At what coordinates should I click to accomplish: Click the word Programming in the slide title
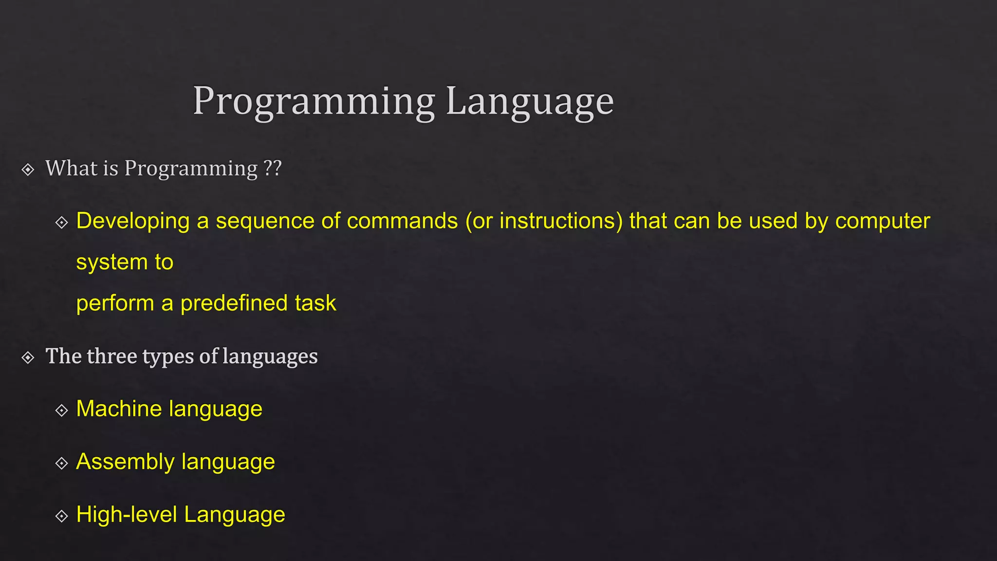coord(314,101)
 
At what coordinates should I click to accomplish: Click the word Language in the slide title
coord(530,101)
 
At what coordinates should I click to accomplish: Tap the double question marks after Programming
coord(273,168)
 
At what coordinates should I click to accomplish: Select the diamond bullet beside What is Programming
coord(28,169)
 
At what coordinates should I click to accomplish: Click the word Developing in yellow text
coord(133,222)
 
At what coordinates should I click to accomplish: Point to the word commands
coord(402,221)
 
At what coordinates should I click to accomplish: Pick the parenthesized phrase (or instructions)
coord(544,221)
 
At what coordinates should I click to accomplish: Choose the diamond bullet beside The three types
coord(28,358)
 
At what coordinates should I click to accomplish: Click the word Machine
coord(119,409)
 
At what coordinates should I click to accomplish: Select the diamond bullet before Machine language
coord(61,411)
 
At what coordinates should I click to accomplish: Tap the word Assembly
coord(125,462)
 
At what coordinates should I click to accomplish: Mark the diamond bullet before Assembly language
coord(61,463)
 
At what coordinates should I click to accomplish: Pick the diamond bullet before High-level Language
coord(61,516)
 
